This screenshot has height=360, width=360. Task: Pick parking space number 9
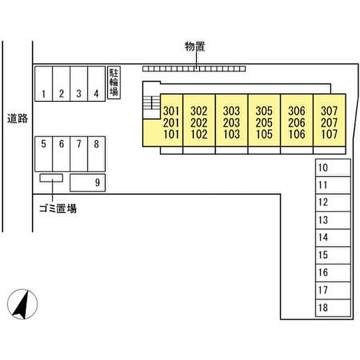tap(87, 183)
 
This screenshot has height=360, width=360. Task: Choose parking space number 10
tap(333, 168)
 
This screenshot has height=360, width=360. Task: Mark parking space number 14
tap(333, 237)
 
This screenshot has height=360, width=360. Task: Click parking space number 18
tap(333, 308)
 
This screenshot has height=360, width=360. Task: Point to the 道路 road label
tap(17, 119)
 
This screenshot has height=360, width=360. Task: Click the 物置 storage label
tap(194, 47)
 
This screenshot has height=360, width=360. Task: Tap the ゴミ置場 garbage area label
tap(58, 209)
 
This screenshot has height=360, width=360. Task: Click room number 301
tap(171, 111)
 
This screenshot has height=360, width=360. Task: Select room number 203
tap(231, 123)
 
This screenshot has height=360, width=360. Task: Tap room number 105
tap(264, 135)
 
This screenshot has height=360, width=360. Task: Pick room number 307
tap(329, 111)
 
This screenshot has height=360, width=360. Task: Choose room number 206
tap(297, 123)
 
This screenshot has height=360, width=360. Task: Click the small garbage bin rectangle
tap(51, 178)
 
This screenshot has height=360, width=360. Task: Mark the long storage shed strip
tap(194, 68)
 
